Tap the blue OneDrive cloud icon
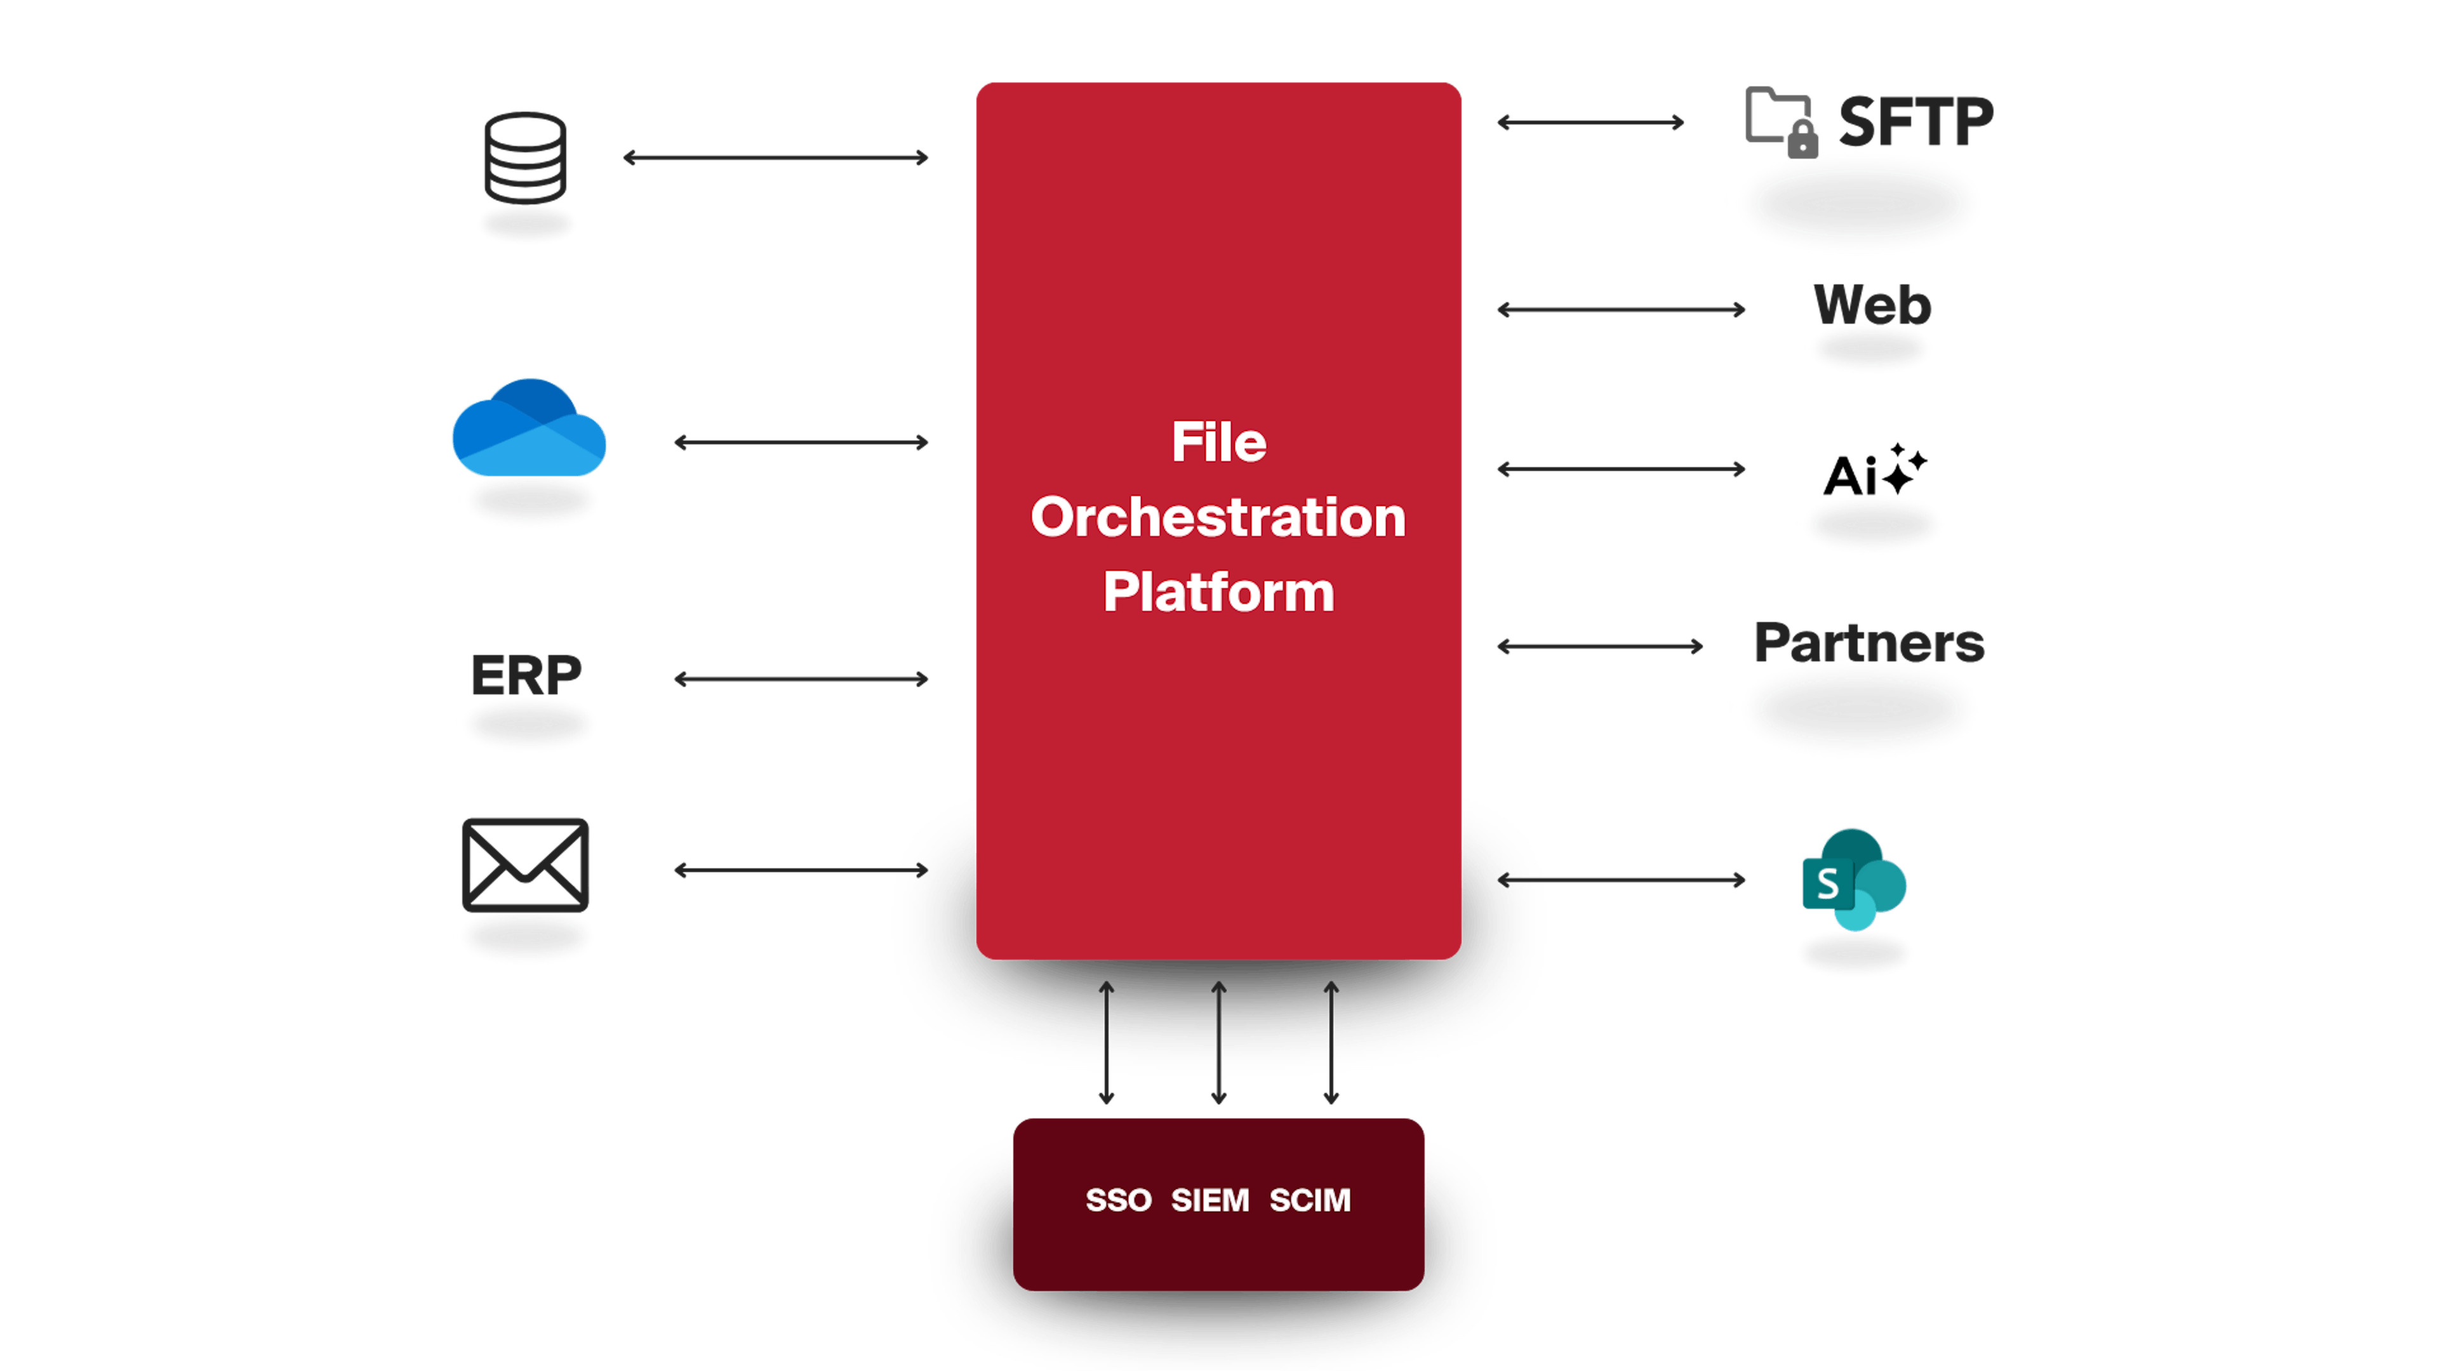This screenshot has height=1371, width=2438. pyautogui.click(x=529, y=430)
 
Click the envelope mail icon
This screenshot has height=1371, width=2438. pyautogui.click(x=525, y=864)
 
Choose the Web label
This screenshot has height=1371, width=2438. pyautogui.click(x=1872, y=305)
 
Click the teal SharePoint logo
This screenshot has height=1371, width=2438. pyautogui.click(x=1853, y=880)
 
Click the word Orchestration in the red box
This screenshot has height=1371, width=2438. pyautogui.click(x=1218, y=517)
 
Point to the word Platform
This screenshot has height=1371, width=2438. pyautogui.click(x=1218, y=592)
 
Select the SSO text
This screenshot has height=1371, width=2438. pyautogui.click(x=1117, y=1200)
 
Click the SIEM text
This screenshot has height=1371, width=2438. pyautogui.click(x=1209, y=1200)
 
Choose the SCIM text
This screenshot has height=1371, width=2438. pyautogui.click(x=1310, y=1200)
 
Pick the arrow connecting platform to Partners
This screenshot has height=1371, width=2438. pyautogui.click(x=1599, y=646)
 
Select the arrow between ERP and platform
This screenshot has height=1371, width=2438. pyautogui.click(x=801, y=679)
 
